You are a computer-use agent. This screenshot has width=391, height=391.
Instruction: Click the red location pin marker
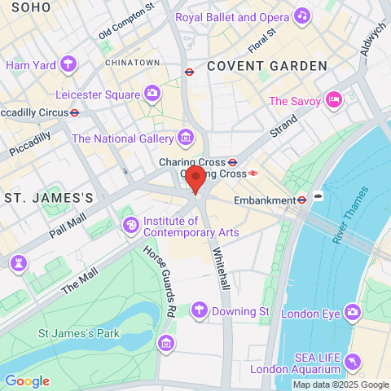pos(195,179)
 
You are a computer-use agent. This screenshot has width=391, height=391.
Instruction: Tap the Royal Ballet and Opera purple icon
pos(302,15)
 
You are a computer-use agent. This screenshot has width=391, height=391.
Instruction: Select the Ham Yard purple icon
pos(68,64)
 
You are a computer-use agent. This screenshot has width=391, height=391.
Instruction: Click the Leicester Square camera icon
pos(152,94)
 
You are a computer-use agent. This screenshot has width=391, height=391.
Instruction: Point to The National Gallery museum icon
pos(187,138)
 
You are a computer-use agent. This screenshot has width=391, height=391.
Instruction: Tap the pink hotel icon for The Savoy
pos(332,100)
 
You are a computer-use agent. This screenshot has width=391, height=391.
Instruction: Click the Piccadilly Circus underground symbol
pos(74,112)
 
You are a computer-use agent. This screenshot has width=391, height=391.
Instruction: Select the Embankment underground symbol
pos(301,199)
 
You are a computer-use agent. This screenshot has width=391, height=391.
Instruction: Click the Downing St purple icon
pos(198,310)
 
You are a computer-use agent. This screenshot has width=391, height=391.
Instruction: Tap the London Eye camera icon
pos(352,310)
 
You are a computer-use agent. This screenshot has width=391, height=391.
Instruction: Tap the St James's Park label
pos(79,332)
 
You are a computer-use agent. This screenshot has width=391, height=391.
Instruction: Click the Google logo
pos(27,380)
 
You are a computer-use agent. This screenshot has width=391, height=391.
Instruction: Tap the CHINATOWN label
pos(132,62)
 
